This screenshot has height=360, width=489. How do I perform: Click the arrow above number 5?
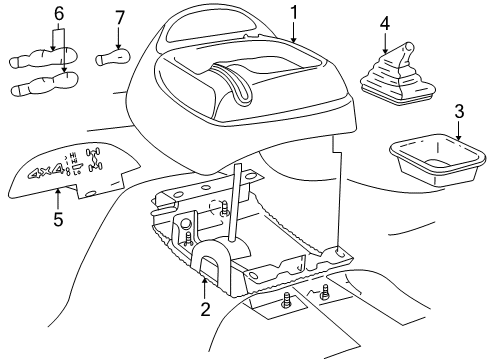point(57,194)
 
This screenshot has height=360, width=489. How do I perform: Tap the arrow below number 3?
point(459,130)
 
